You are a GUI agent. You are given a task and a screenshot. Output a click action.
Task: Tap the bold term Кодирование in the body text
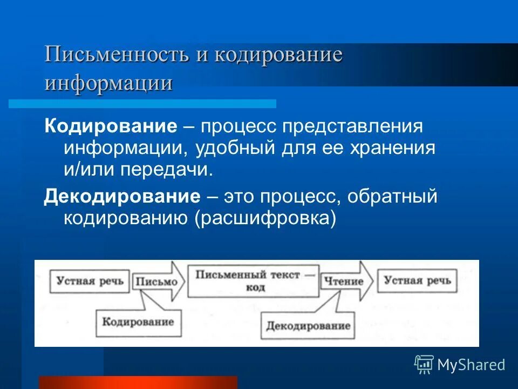tap(111, 127)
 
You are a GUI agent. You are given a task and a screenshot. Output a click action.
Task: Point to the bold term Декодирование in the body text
tap(122, 197)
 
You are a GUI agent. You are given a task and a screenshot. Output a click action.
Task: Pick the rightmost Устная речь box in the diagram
tap(417, 280)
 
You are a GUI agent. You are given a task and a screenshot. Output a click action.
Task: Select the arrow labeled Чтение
tap(345, 281)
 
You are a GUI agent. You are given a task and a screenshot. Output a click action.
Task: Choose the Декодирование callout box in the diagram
tap(308, 325)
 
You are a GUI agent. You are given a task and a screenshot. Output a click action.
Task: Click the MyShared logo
tap(460, 364)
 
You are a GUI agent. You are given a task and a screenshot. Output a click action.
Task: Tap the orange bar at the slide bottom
tap(138, 382)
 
